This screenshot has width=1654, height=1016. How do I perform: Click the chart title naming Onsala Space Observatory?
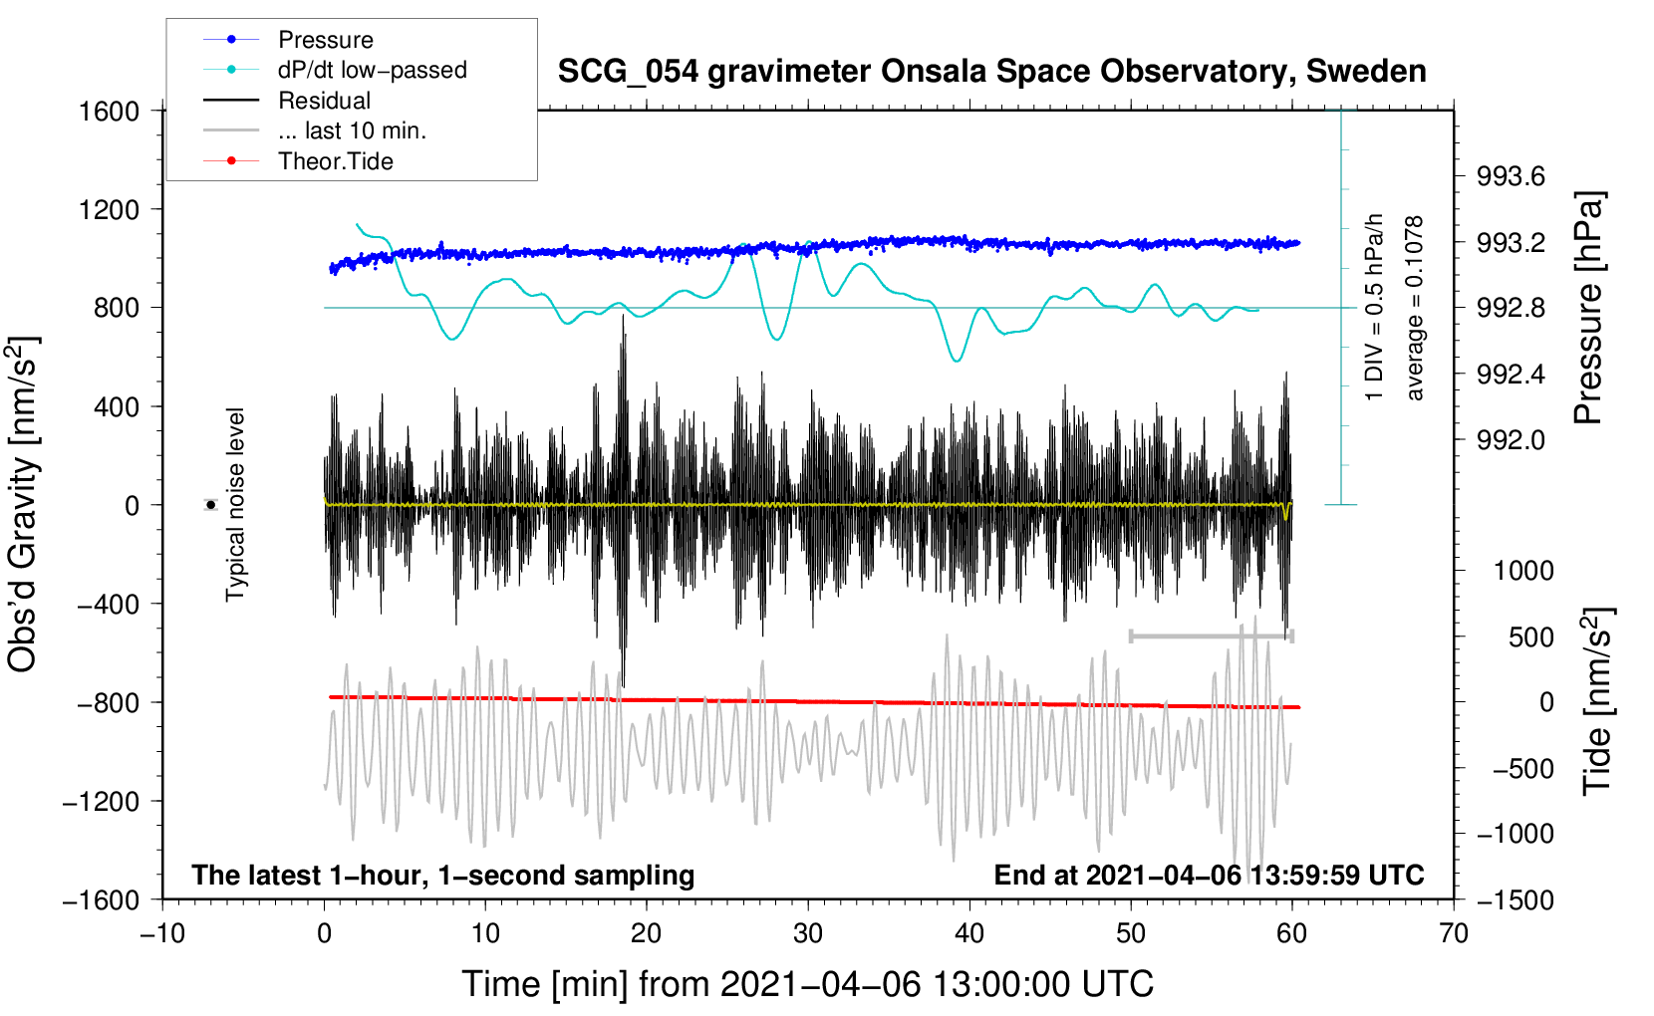coord(991,72)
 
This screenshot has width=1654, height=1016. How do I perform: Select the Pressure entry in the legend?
coord(325,40)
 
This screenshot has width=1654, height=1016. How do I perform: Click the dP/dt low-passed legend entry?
coord(372,70)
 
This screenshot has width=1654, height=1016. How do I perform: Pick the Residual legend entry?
coord(324,101)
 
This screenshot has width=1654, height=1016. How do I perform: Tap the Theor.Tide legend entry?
coord(335,161)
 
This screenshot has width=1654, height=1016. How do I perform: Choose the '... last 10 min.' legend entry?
coord(352,130)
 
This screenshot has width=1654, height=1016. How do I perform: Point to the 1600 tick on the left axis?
coord(109,111)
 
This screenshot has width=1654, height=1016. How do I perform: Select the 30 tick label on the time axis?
coord(808,933)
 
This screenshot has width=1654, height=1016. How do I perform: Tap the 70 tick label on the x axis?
coord(1454,933)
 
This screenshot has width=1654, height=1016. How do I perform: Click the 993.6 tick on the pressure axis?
coord(1511,177)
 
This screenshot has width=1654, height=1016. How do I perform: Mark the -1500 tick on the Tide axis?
coord(1515,899)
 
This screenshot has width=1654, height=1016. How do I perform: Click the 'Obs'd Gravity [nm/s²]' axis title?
coord(23,504)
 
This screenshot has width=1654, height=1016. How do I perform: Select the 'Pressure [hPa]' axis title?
coord(1588,308)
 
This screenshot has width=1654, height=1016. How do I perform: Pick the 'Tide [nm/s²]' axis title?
coord(1596,701)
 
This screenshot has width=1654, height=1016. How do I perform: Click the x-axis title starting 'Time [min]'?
coord(807,984)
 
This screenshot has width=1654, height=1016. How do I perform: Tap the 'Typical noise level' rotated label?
coord(235,504)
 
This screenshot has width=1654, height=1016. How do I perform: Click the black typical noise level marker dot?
coord(210,505)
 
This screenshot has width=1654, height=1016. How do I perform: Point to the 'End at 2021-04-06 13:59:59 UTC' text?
coord(1209,875)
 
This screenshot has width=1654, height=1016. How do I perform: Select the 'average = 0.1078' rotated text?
coord(1415,308)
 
